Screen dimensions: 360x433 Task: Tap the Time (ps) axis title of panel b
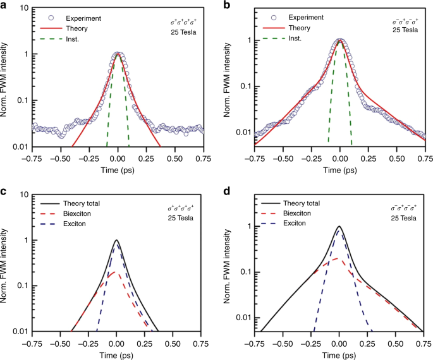(x=340, y=169)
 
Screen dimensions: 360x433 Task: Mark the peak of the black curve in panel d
(x=340, y=226)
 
